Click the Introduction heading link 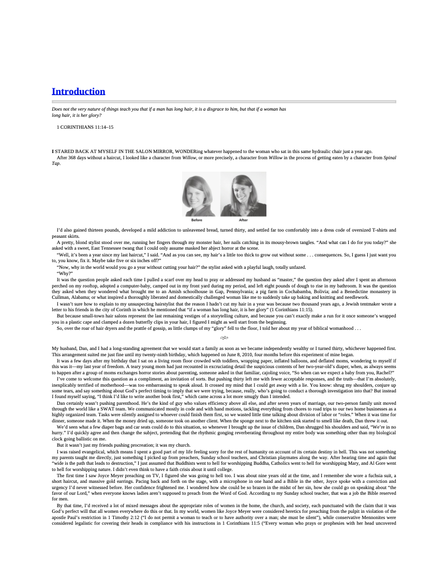click(x=78, y=92)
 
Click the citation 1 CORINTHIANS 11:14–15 click(x=85, y=127)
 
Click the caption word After click(x=243, y=220)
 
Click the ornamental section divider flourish click(x=224, y=338)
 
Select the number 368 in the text click(x=72, y=158)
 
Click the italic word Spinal click(x=390, y=158)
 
